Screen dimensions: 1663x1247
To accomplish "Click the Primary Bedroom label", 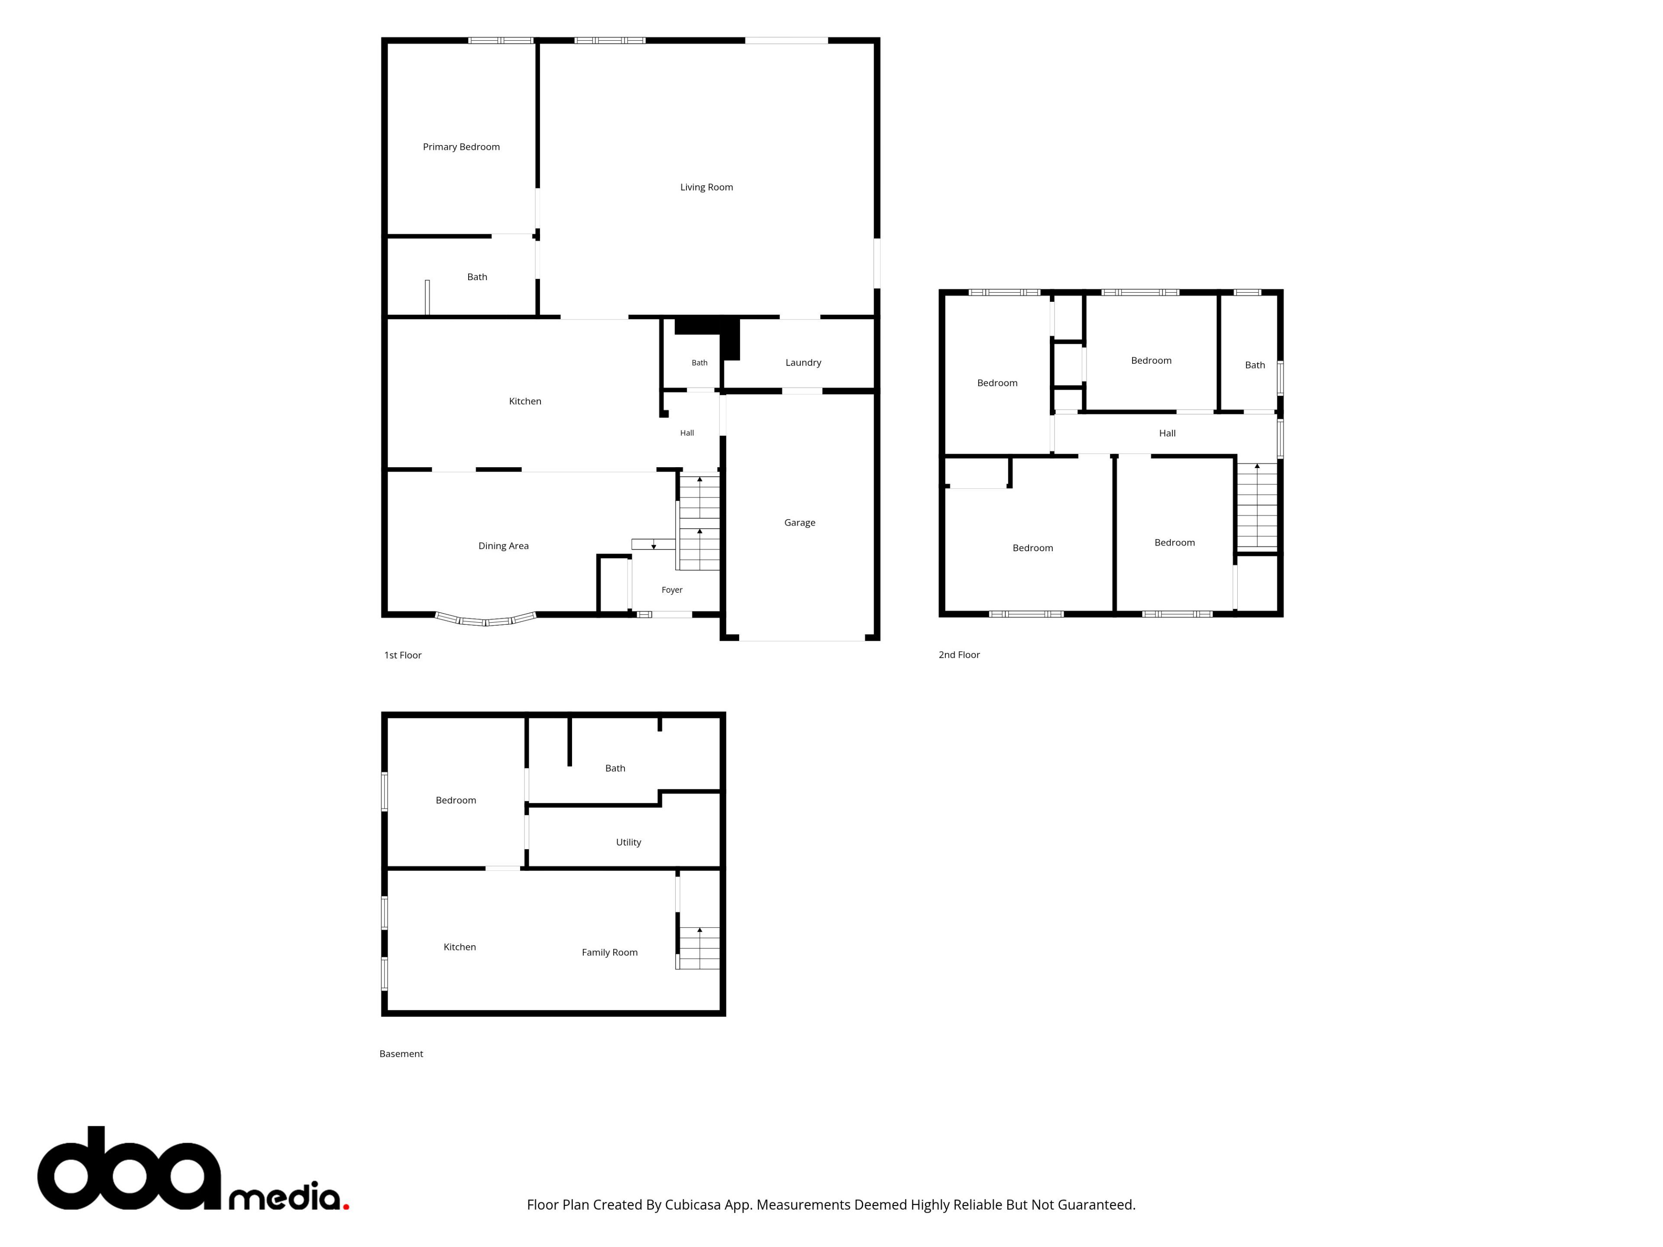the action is click(x=461, y=147).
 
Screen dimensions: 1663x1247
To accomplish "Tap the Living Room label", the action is click(x=706, y=187).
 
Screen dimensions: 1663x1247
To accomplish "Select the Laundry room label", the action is click(x=803, y=362).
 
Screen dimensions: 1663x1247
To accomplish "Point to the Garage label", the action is click(x=799, y=523).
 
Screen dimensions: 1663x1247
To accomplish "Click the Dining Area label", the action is click(x=503, y=546).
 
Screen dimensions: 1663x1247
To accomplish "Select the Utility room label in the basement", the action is click(x=628, y=842).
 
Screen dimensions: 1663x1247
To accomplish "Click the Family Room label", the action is click(x=609, y=952).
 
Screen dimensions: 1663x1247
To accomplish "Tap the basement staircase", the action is click(x=699, y=948).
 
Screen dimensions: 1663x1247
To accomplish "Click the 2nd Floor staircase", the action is click(x=1256, y=506).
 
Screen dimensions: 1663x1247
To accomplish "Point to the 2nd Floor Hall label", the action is click(x=1167, y=433).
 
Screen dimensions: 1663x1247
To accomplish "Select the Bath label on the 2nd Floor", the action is click(x=1255, y=365).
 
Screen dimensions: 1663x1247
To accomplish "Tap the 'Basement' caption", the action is click(x=401, y=1054).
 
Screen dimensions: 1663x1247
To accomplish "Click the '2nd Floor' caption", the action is click(x=958, y=655).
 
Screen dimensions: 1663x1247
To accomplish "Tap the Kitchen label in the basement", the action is click(x=459, y=947).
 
